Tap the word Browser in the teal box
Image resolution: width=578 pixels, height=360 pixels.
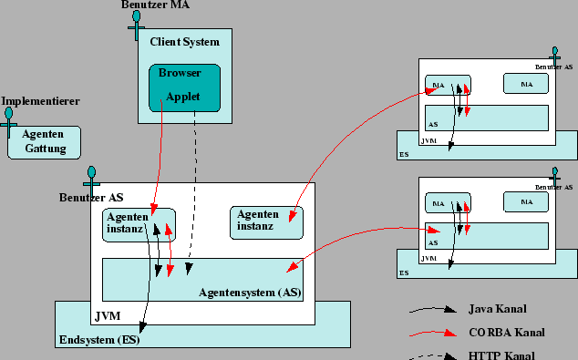click(x=180, y=72)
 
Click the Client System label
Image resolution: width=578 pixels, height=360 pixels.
click(x=184, y=41)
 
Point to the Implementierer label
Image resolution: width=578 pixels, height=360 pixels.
click(x=40, y=101)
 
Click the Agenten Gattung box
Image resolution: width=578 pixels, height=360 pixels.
click(x=44, y=141)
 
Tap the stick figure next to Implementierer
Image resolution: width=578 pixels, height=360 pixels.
click(x=10, y=121)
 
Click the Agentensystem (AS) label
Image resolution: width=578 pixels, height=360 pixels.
click(x=250, y=293)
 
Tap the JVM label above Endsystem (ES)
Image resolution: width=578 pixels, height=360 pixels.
click(x=107, y=316)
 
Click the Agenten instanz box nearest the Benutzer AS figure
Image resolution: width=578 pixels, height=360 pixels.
click(x=138, y=223)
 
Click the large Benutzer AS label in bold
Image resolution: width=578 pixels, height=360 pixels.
click(x=91, y=197)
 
